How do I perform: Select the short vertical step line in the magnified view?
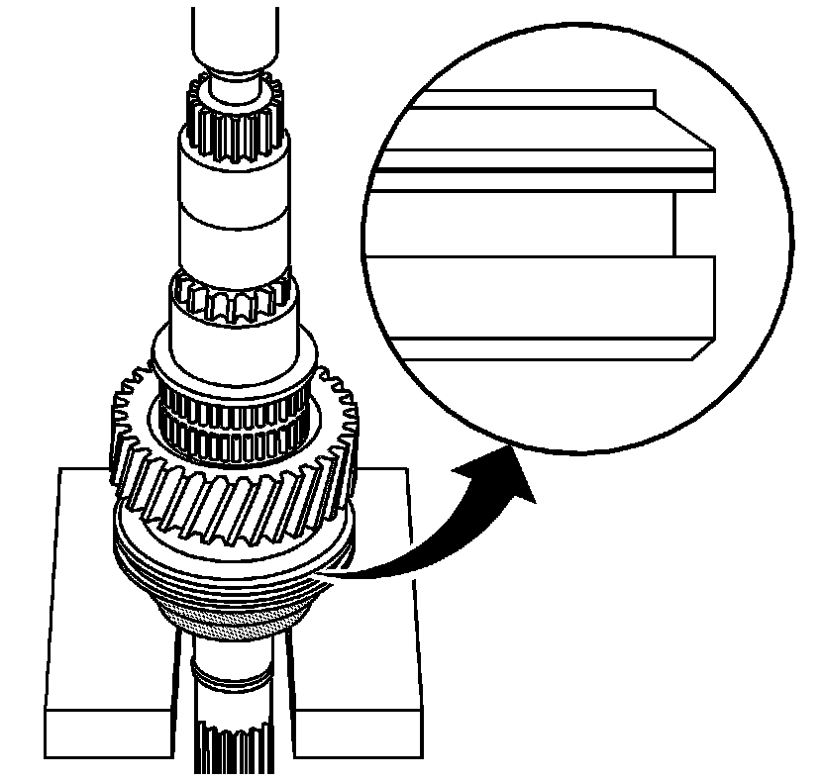coord(673,224)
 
